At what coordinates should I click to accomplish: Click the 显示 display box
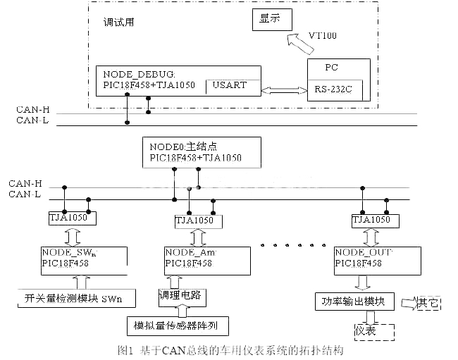271,20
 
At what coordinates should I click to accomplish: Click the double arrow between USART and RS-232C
283,89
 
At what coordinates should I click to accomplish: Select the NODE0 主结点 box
202,152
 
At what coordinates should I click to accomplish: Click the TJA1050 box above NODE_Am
194,221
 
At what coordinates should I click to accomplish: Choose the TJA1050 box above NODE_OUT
371,221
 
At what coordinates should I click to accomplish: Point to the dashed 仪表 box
364,330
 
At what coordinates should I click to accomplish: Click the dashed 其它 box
428,303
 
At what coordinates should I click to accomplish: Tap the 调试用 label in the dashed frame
118,22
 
